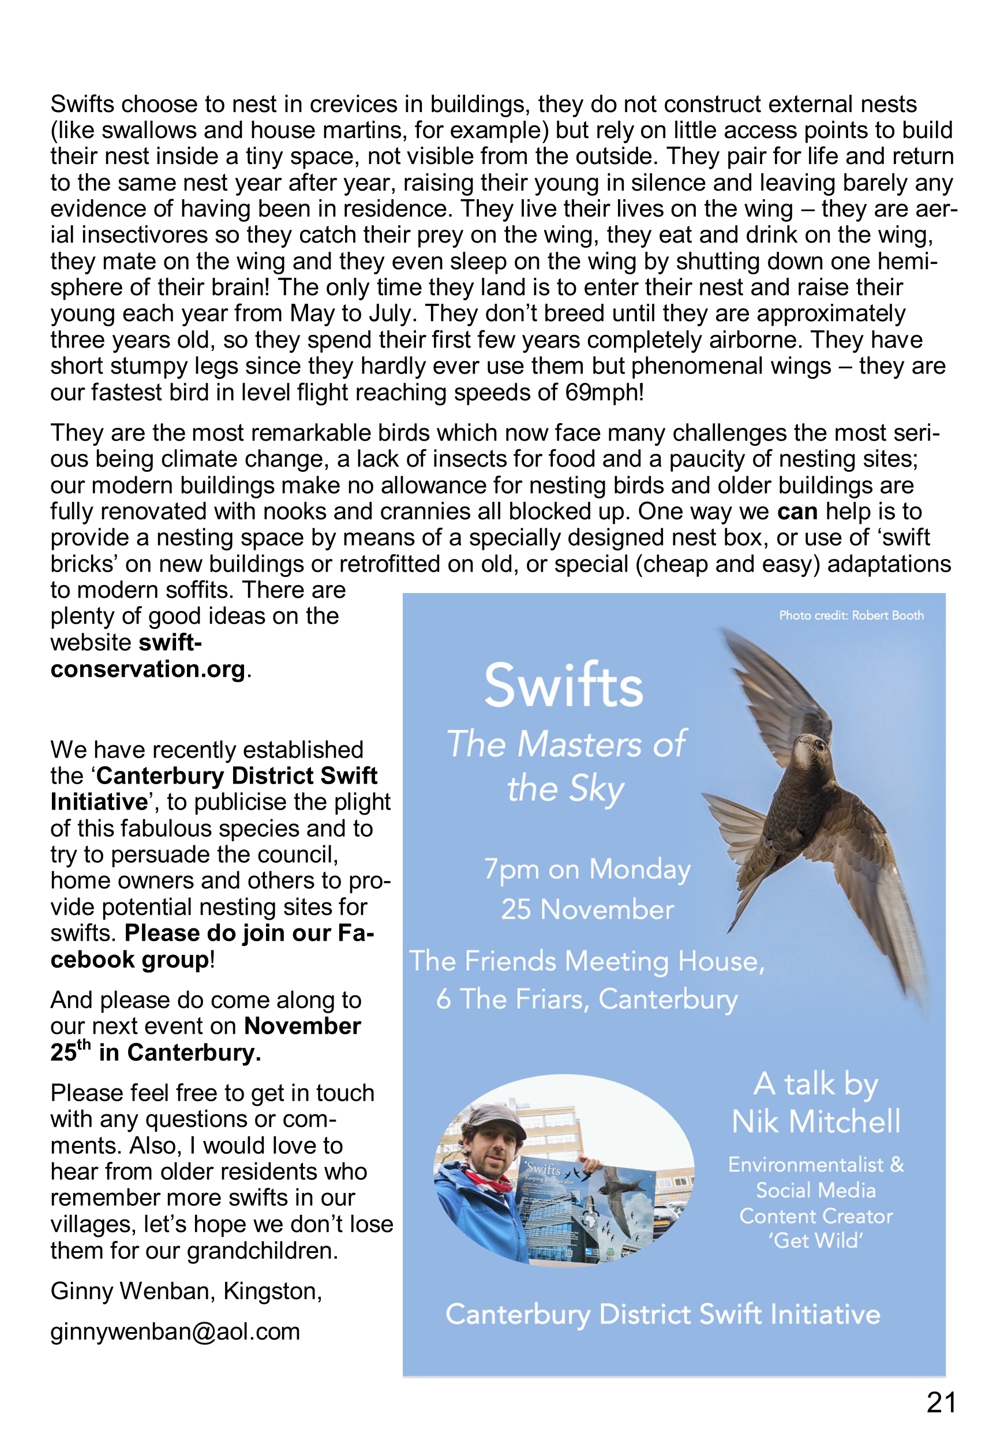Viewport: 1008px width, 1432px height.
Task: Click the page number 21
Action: coord(940,1403)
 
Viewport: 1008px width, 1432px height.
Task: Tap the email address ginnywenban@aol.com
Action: coord(175,1332)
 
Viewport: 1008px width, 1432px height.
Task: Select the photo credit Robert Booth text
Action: coord(851,615)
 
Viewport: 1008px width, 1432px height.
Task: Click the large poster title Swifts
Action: coord(564,685)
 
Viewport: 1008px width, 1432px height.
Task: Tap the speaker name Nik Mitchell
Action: coord(816,1122)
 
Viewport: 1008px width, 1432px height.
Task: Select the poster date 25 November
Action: coord(587,910)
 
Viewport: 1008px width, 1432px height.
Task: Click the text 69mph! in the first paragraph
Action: coord(605,392)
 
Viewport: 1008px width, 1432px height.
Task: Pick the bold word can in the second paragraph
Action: coord(797,512)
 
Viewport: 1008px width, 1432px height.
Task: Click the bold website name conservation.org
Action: coord(148,669)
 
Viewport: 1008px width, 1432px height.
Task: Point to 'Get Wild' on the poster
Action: coord(816,1241)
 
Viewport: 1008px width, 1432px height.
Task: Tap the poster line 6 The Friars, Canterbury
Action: coord(587,999)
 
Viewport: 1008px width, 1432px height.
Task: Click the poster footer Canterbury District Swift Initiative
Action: coord(662,1314)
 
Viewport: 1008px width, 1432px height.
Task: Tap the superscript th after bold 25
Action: coord(84,1045)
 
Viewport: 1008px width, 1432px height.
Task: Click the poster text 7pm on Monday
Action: coord(587,870)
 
